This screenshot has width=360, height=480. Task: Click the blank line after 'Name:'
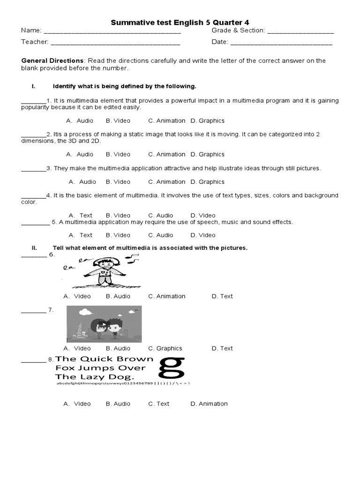(x=112, y=32)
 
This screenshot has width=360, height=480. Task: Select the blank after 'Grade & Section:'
(x=300, y=32)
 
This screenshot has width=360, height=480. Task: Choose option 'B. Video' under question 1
(x=118, y=120)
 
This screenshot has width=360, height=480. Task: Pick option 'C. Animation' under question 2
(x=166, y=154)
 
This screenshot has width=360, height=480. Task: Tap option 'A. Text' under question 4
(x=81, y=216)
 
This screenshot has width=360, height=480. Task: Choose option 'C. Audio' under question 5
(x=161, y=235)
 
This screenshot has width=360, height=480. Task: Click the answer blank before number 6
(x=34, y=255)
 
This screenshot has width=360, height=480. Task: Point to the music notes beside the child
(x=133, y=258)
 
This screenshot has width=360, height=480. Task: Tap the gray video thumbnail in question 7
(x=104, y=323)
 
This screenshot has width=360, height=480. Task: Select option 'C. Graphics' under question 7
(x=165, y=348)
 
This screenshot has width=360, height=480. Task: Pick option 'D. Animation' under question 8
(x=209, y=404)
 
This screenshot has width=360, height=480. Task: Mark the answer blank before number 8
(x=34, y=361)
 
